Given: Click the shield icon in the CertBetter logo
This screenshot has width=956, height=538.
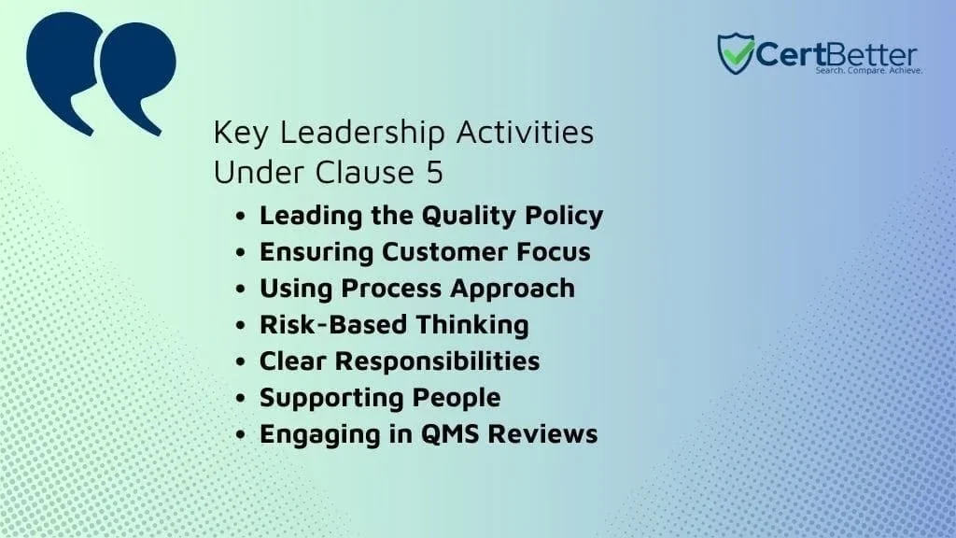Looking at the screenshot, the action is [736, 53].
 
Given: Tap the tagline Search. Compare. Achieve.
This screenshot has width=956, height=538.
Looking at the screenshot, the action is [869, 71].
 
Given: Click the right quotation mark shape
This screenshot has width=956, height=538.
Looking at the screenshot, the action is [137, 78].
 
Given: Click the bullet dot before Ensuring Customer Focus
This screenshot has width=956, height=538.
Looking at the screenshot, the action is [240, 252].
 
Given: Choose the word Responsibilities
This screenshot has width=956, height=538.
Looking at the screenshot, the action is [437, 361].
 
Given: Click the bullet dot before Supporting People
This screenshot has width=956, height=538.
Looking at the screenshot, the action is [240, 398].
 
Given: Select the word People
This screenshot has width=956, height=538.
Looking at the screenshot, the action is [457, 398].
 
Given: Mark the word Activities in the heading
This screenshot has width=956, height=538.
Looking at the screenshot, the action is [525, 132].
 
